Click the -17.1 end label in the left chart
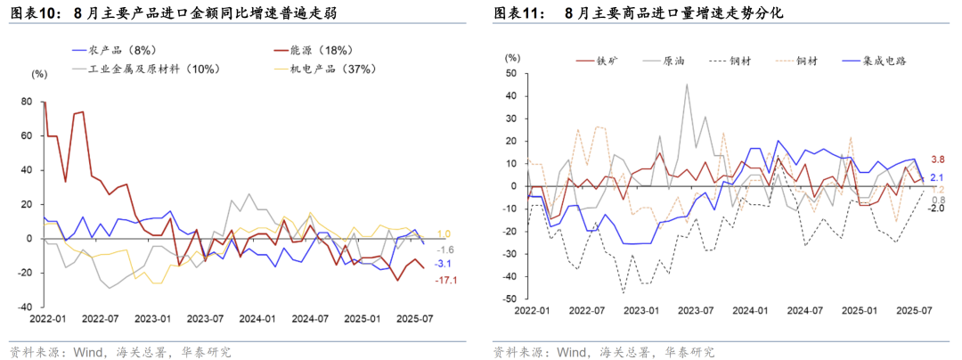pos(447,281)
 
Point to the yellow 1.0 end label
pos(443,233)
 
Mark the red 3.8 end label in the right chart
pos(937,160)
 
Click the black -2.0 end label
pos(936,209)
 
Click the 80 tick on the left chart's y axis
pos(27,102)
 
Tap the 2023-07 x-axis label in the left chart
pos(206,317)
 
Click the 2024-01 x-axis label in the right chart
pos(750,310)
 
